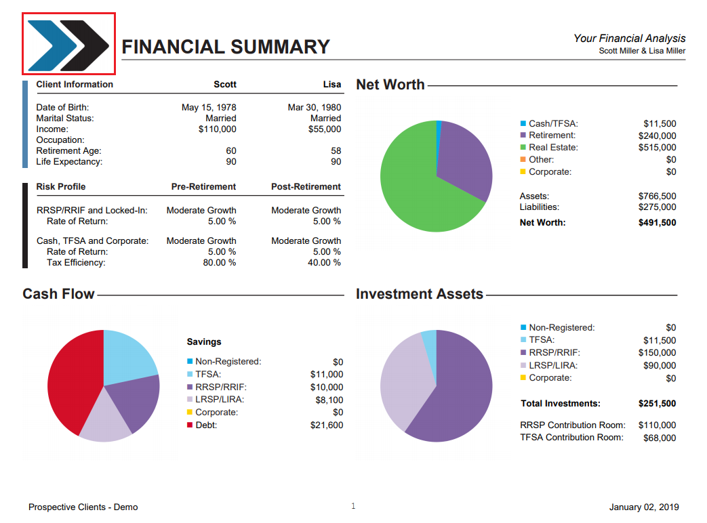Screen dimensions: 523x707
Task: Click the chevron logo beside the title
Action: tap(68, 44)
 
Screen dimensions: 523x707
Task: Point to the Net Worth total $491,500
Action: tap(657, 222)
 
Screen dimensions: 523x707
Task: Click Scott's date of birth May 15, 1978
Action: tap(209, 107)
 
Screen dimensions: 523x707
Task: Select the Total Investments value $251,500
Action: tap(657, 403)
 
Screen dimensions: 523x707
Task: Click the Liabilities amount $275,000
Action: tap(657, 207)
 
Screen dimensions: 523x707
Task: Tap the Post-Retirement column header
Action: tap(306, 186)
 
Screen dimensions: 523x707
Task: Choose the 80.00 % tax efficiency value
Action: tap(220, 262)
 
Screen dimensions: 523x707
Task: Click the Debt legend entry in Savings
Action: tap(205, 425)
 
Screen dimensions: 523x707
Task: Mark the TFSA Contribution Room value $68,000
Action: tap(660, 438)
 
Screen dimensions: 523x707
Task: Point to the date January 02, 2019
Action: tap(644, 507)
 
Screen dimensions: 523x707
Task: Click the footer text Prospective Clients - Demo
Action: tap(83, 507)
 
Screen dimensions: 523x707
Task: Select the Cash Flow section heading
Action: tap(58, 294)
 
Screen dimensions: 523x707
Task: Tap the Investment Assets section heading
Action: tap(419, 294)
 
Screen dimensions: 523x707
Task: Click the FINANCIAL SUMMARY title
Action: tap(226, 47)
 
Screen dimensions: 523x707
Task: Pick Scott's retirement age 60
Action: tap(231, 150)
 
